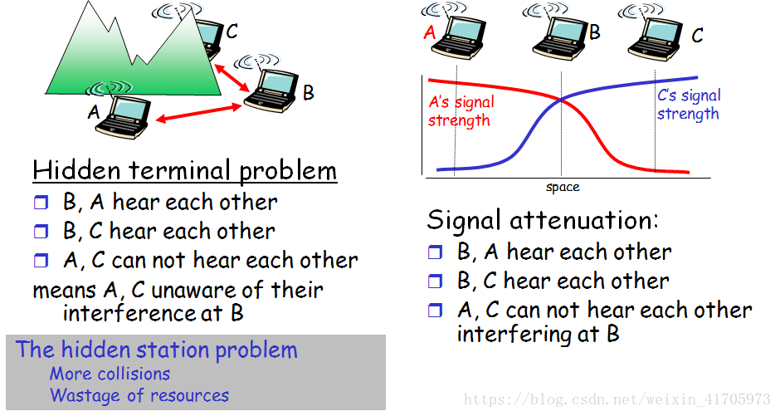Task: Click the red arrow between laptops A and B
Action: coord(199,113)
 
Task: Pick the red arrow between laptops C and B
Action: coord(232,78)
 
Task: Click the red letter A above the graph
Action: coord(429,33)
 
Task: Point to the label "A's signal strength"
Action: coord(461,111)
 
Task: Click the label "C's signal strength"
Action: coord(689,105)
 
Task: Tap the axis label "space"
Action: coord(563,187)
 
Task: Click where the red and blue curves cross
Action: coord(562,100)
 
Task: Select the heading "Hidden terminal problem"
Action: coord(184,171)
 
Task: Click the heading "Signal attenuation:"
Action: coord(543,220)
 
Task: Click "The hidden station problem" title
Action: coord(156,350)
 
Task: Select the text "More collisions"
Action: coord(110,374)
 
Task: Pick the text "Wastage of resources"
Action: coord(139,395)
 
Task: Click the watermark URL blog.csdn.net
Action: coord(617,399)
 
